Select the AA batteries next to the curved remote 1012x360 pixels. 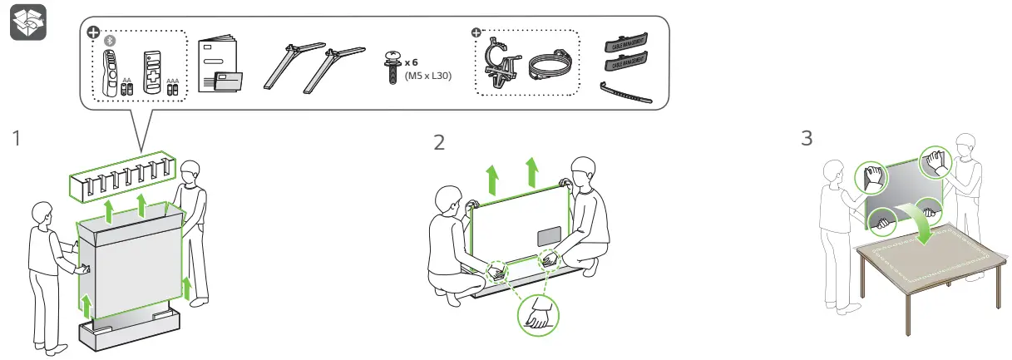tap(127, 86)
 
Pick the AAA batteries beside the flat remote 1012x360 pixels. tap(172, 86)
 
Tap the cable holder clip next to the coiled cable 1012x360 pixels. tap(502, 62)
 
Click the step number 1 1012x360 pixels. tap(16, 140)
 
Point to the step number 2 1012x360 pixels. tap(439, 142)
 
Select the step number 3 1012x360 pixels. tap(806, 138)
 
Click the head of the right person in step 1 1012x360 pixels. tap(191, 175)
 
